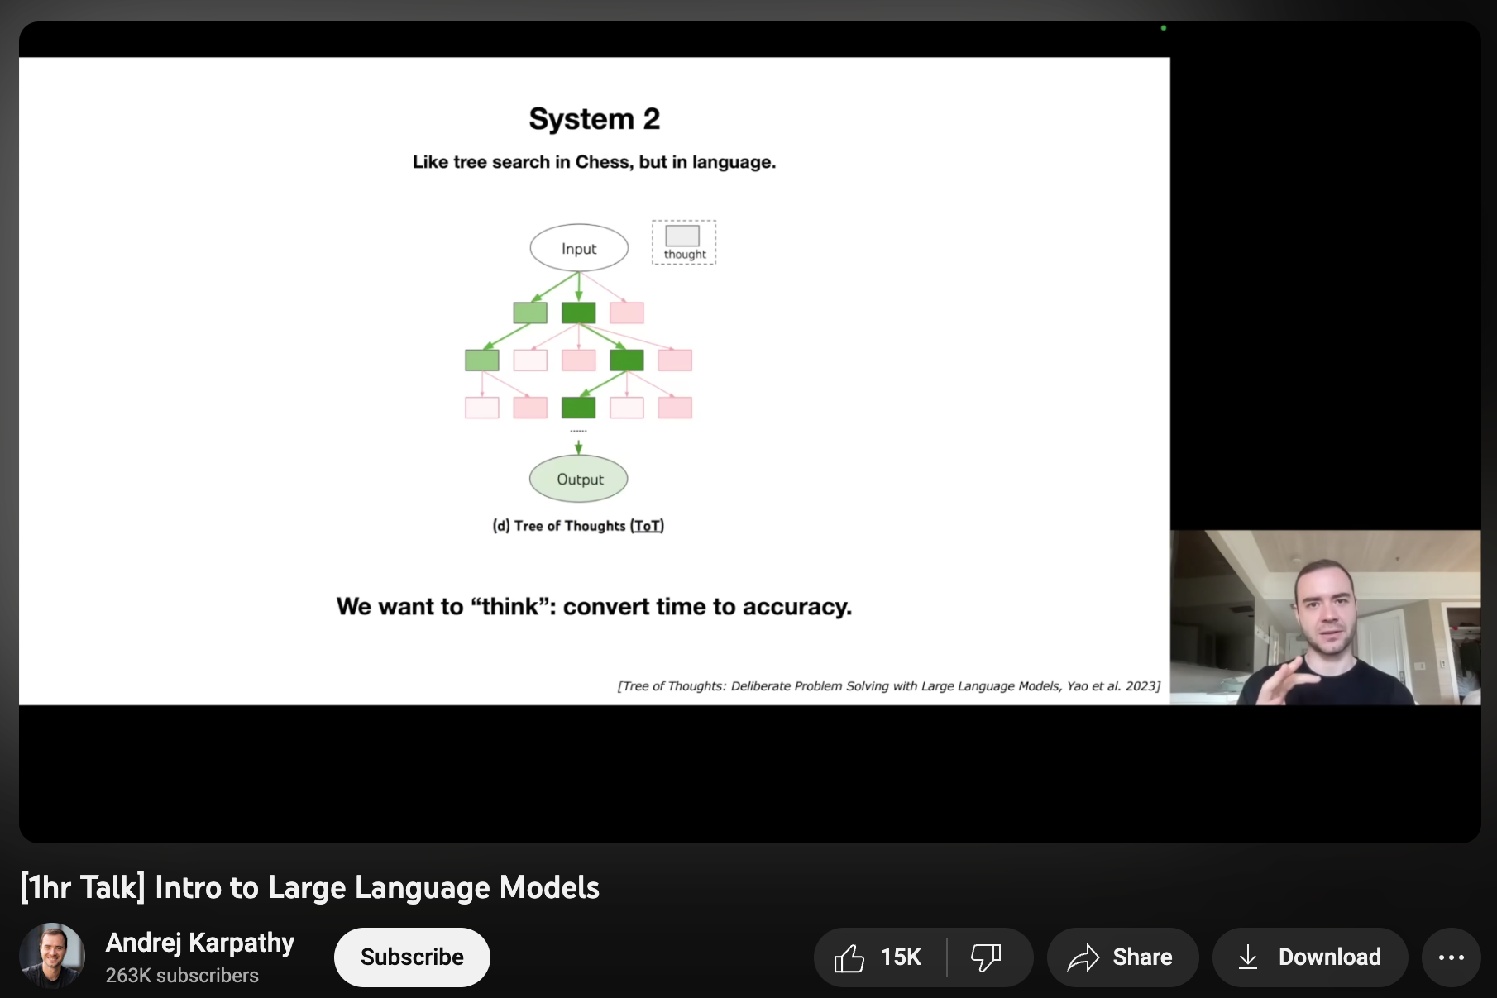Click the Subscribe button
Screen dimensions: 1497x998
412,957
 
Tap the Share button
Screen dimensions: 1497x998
1122,957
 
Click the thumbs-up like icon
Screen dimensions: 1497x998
849,957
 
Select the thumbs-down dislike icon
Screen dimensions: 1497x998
986,957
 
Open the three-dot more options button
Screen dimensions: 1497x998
1451,957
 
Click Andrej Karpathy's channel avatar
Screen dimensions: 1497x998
52,956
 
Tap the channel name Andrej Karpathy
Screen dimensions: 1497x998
200,943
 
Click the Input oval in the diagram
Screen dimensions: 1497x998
579,248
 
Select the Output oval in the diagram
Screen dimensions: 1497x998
579,479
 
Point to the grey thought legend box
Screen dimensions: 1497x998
682,236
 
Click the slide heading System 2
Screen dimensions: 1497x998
595,119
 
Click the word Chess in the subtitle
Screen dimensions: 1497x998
604,162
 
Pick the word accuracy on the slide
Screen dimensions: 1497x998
796,607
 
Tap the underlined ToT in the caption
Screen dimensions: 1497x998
648,526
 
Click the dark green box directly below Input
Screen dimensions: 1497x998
579,313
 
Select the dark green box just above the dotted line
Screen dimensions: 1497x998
579,408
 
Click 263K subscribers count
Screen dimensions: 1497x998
182,976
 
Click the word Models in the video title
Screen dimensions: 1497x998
550,887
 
